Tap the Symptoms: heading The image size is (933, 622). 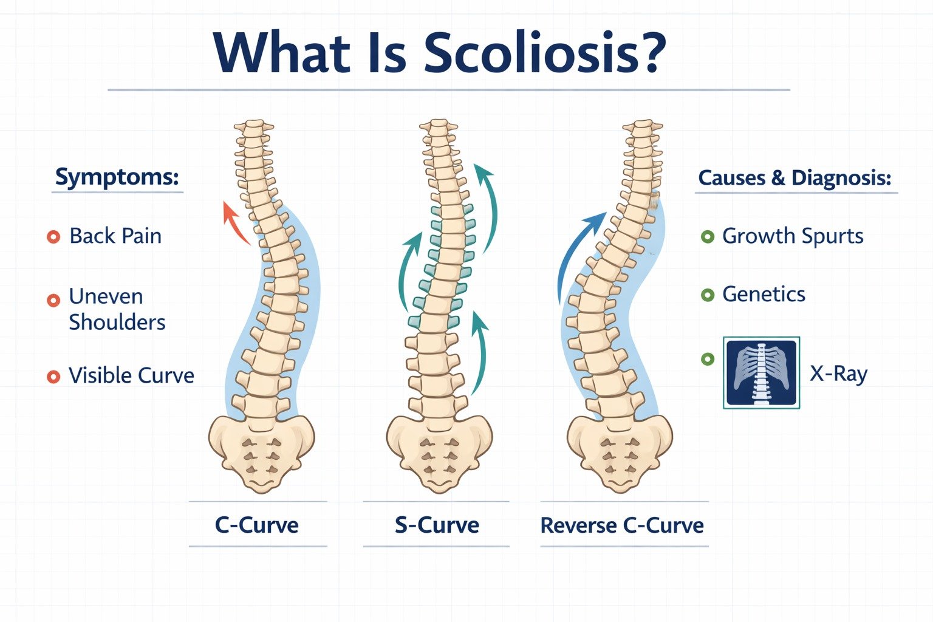(x=117, y=177)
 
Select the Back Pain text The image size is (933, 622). (x=115, y=236)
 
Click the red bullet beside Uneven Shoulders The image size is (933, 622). (x=53, y=300)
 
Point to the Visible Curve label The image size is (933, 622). (x=131, y=375)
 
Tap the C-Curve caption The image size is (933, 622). (x=256, y=525)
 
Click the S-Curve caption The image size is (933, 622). (x=437, y=525)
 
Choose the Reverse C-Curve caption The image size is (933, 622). (x=622, y=525)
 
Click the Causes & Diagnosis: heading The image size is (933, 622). (x=795, y=178)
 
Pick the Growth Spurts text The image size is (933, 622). (x=793, y=236)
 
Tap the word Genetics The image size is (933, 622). (x=764, y=294)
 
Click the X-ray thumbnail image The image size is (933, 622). (x=762, y=373)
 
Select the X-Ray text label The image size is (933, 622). (x=838, y=374)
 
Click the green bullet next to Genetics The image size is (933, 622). (x=708, y=295)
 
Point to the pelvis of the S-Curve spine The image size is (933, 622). (x=439, y=453)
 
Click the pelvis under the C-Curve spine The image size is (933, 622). (x=261, y=453)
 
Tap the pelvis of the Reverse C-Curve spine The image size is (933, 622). (x=619, y=453)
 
